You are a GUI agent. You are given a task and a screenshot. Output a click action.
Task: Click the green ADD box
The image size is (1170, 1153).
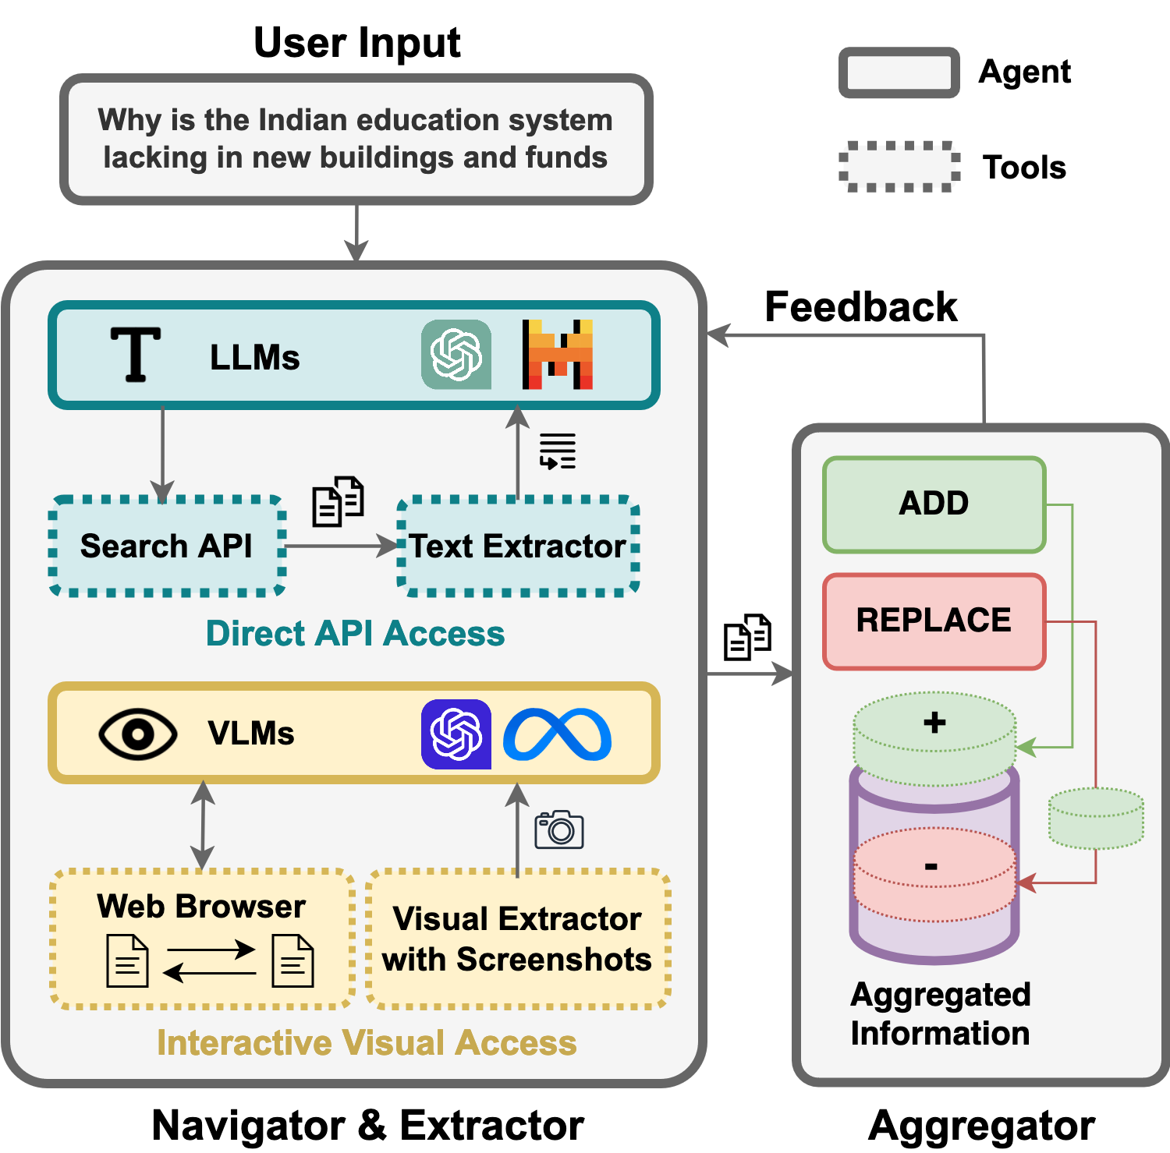click(x=934, y=504)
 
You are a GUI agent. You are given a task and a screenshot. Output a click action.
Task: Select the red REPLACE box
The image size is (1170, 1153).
click(x=934, y=621)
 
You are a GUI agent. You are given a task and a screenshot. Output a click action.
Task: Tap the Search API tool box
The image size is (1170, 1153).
click(x=167, y=546)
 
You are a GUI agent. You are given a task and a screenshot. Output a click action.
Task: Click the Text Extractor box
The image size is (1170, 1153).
click(x=518, y=546)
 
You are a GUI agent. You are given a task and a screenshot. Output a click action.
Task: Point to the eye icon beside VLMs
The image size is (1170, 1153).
click(x=138, y=734)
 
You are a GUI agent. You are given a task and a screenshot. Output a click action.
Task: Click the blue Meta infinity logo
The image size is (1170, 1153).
click(x=557, y=734)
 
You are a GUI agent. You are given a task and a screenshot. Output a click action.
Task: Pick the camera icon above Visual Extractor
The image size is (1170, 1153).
click(x=558, y=830)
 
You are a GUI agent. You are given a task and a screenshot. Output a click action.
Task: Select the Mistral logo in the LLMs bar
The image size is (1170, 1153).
click(x=557, y=355)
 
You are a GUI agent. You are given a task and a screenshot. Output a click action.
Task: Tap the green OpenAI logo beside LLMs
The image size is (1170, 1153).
click(x=456, y=355)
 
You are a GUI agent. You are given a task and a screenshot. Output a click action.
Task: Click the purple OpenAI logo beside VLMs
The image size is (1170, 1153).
click(x=456, y=734)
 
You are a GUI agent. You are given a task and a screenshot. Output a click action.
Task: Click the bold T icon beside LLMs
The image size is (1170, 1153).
click(x=136, y=355)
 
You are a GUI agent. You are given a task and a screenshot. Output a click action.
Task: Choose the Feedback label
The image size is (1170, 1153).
click(x=860, y=307)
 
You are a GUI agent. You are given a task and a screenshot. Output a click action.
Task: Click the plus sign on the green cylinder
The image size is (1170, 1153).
click(x=934, y=723)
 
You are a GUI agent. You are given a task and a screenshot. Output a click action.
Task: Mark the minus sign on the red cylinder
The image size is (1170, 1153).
click(x=931, y=866)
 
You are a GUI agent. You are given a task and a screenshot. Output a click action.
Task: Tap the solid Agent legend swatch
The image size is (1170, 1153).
click(x=899, y=73)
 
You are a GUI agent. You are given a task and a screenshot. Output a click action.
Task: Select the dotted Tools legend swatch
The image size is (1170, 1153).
click(x=899, y=167)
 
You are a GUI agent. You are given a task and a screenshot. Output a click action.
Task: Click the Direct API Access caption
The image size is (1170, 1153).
click(x=355, y=634)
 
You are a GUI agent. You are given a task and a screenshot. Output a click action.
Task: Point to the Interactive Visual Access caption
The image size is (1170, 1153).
click(x=367, y=1043)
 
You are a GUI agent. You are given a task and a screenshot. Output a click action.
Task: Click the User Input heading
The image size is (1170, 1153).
click(x=357, y=43)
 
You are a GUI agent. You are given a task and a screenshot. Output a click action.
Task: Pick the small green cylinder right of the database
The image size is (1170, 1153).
click(x=1096, y=818)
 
